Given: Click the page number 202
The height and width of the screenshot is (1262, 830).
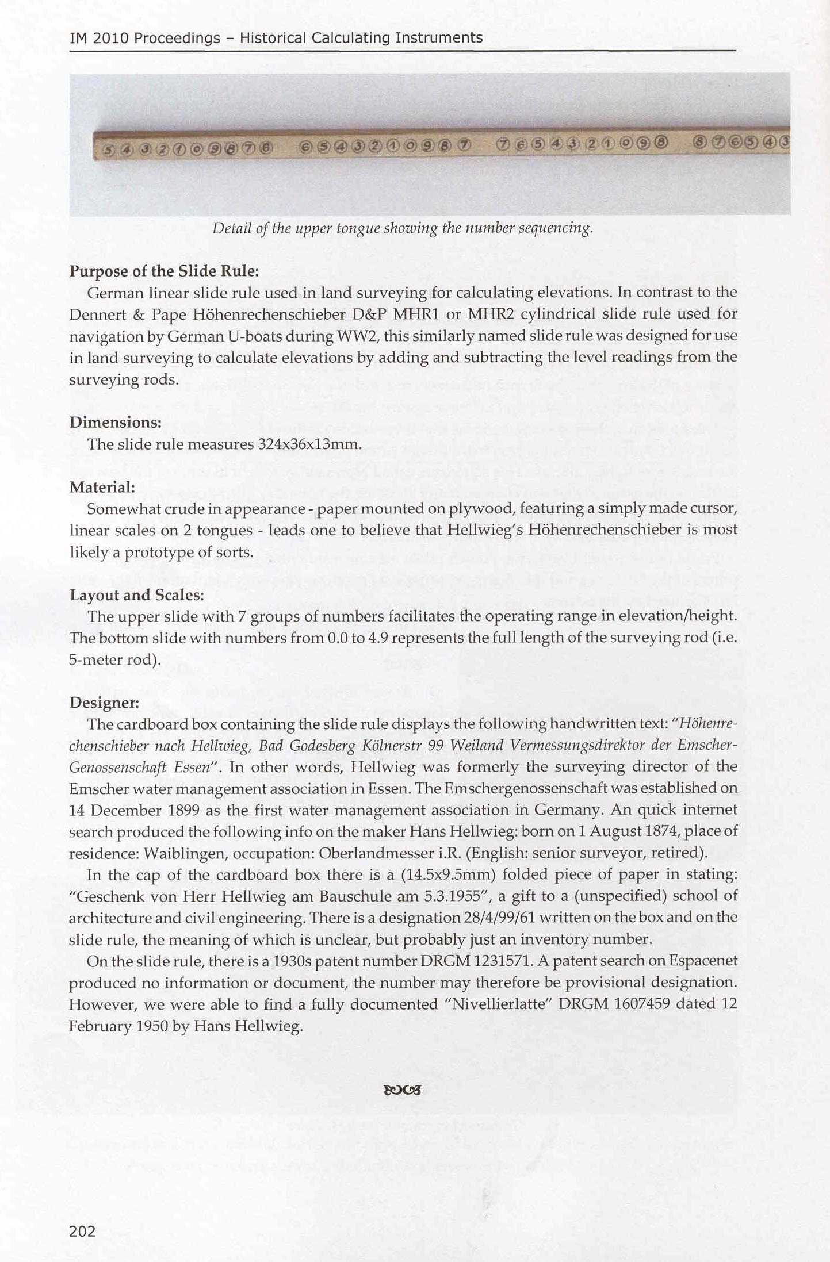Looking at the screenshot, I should [x=82, y=1231].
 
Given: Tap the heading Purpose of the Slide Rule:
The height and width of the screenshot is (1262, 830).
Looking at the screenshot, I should [x=164, y=271].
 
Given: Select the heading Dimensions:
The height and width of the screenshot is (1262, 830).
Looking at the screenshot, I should [x=115, y=423].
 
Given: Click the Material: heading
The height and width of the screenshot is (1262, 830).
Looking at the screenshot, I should [x=102, y=488].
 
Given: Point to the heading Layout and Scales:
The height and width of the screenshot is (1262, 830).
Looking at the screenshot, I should [x=137, y=595].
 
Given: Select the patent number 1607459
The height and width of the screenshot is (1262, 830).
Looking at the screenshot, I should [x=641, y=1004].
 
